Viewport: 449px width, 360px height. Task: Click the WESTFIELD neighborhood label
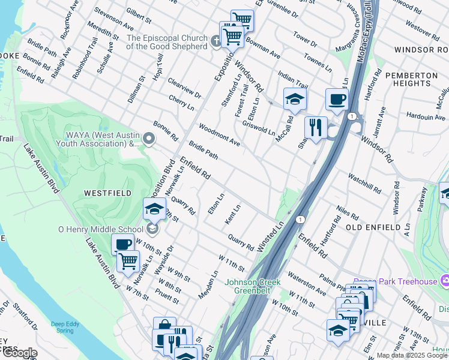pos(104,194)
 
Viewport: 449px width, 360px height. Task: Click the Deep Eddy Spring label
pos(65,327)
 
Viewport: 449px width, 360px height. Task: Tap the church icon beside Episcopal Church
pos(217,41)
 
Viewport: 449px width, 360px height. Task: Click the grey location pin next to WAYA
pos(149,140)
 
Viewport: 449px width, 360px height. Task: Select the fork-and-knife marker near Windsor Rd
pos(315,128)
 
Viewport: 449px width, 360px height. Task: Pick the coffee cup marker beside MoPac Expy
pos(337,99)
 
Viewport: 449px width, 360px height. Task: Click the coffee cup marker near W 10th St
pos(123,244)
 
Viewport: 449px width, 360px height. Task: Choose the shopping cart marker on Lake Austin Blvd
pos(128,262)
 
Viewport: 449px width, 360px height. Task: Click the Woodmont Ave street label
pos(220,136)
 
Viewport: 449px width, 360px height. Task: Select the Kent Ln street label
pos(232,214)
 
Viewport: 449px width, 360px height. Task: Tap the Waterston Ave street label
pos(306,283)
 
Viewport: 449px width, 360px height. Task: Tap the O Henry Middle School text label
pos(100,229)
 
